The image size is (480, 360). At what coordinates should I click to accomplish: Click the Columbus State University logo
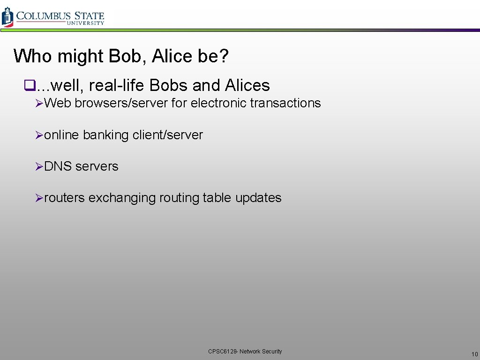tap(53, 16)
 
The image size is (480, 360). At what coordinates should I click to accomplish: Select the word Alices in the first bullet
tap(247, 85)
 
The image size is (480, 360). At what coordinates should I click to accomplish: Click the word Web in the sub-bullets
tap(58, 103)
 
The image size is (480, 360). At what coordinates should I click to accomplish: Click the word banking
tap(105, 135)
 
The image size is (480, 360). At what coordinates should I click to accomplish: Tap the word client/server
tap(168, 135)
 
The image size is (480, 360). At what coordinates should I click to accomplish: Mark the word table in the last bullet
tap(217, 198)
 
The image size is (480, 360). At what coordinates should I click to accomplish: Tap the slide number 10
tap(474, 354)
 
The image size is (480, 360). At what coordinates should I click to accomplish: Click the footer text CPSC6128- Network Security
tap(245, 351)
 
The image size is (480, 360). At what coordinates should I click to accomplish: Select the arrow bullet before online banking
tap(39, 135)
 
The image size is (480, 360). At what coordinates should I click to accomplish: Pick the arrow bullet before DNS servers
tap(39, 167)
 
